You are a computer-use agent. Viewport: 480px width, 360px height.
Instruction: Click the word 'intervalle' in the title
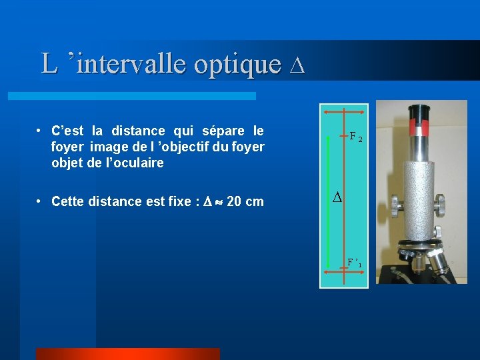pos(131,64)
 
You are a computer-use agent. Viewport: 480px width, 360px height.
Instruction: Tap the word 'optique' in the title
pos(237,64)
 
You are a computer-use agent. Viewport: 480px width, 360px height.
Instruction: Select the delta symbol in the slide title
pos(298,65)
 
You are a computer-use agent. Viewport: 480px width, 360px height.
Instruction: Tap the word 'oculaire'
pos(139,163)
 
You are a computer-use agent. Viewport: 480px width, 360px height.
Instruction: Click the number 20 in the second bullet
pos(234,201)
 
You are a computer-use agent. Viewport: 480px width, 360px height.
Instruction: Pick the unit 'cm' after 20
pos(255,201)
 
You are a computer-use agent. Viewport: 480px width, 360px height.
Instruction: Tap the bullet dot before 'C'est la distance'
pos(41,130)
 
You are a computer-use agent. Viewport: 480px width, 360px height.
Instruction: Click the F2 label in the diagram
pos(356,139)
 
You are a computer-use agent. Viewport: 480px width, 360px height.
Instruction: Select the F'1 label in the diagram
pos(355,262)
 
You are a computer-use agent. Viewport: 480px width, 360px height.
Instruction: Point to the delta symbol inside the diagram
pos(337,198)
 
